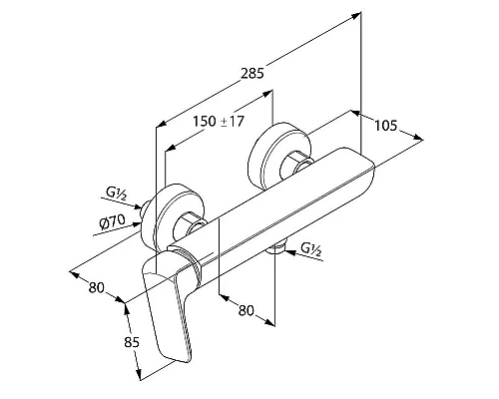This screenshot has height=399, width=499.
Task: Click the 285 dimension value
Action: pyautogui.click(x=252, y=73)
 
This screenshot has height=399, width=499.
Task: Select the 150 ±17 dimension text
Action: pyautogui.click(x=219, y=121)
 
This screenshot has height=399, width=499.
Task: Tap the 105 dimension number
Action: pyautogui.click(x=386, y=126)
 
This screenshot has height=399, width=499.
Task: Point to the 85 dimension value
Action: pyautogui.click(x=132, y=342)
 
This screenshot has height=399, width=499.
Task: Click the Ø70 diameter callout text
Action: pyautogui.click(x=113, y=221)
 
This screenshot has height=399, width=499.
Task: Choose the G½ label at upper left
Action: pyautogui.click(x=117, y=194)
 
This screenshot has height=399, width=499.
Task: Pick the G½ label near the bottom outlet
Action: pyautogui.click(x=311, y=249)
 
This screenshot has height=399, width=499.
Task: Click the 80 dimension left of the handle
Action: pyautogui.click(x=97, y=287)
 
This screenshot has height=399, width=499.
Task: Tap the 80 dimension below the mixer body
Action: pyautogui.click(x=247, y=310)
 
